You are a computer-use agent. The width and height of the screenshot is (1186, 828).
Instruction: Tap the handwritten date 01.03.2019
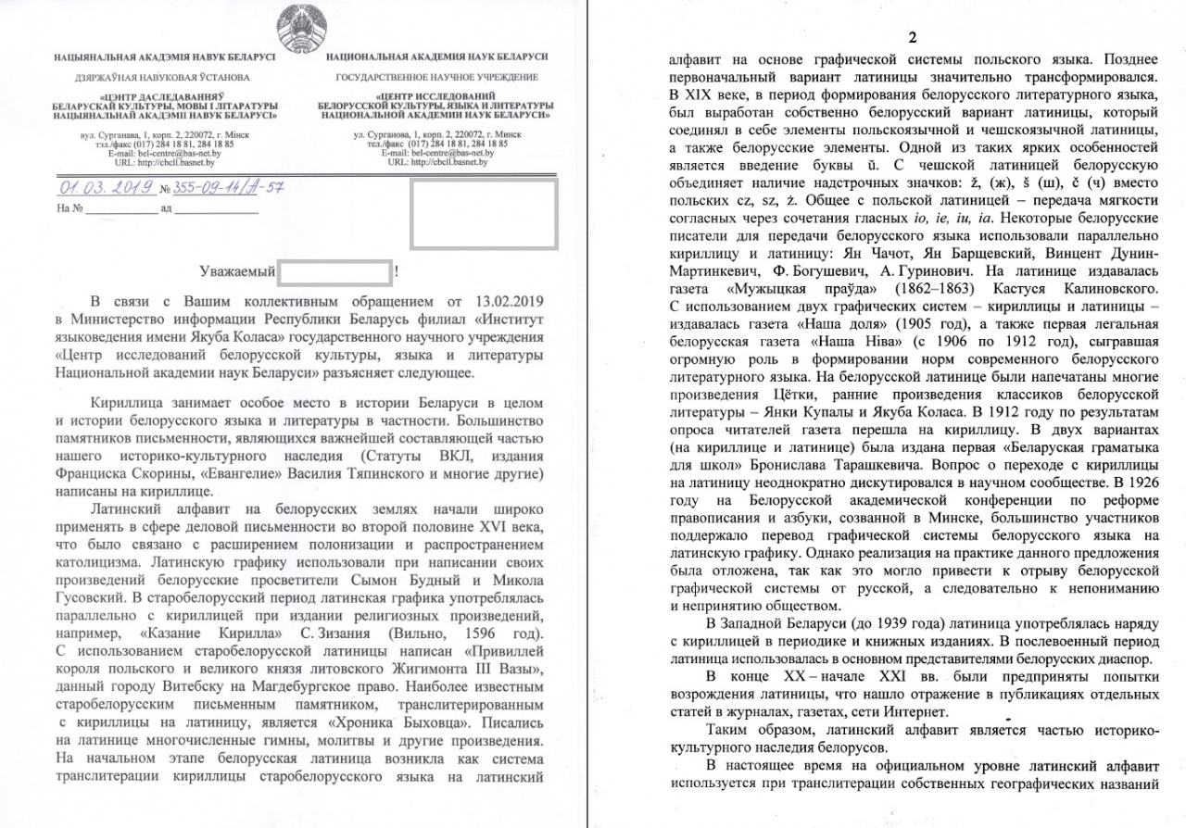(107, 188)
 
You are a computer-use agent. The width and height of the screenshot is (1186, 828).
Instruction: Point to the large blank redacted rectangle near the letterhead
(483, 214)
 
